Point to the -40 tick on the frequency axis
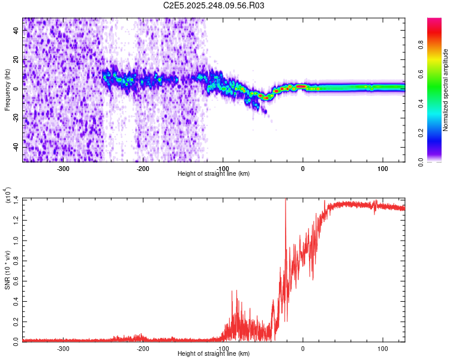click(16, 147)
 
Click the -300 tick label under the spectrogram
click(64, 168)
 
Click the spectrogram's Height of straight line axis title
click(214, 174)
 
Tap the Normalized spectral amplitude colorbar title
click(446, 90)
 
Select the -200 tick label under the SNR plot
click(143, 348)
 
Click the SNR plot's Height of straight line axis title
click(214, 354)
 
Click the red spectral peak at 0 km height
click(302, 86)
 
